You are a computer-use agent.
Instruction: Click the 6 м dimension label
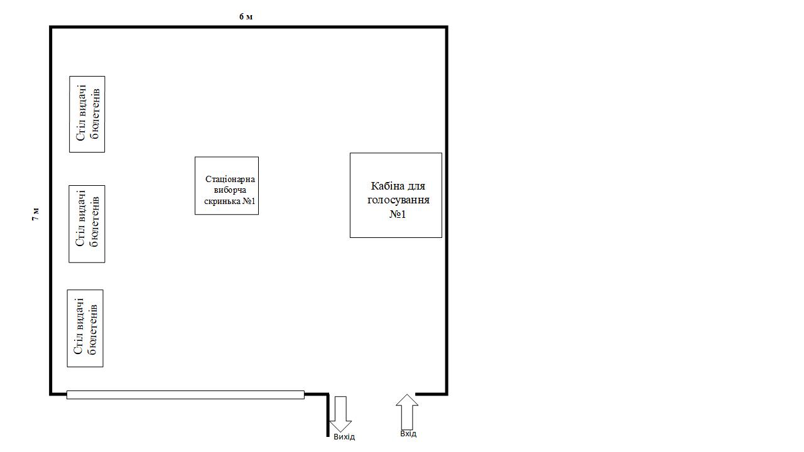[x=246, y=16]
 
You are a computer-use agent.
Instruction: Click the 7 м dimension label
[x=36, y=214]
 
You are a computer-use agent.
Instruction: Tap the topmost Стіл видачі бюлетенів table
[x=87, y=114]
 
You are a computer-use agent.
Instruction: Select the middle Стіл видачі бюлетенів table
[x=87, y=224]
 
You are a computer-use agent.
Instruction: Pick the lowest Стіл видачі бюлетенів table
[x=85, y=328]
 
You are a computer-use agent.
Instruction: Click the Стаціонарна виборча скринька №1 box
[x=227, y=185]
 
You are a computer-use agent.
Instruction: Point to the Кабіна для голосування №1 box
[x=396, y=195]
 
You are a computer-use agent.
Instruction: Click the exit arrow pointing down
[x=340, y=414]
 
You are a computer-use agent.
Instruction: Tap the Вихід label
[x=344, y=437]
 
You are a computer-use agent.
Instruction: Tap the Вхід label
[x=408, y=434]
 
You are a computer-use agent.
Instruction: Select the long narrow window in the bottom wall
[x=185, y=395]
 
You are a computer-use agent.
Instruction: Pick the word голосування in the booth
[x=398, y=200]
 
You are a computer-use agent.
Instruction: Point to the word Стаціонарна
[x=230, y=179]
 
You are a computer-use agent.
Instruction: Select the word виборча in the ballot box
[x=230, y=190]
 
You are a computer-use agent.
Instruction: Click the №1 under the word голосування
[x=398, y=214]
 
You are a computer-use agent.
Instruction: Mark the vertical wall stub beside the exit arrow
[x=328, y=416]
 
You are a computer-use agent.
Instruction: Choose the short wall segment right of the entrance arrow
[x=432, y=394]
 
